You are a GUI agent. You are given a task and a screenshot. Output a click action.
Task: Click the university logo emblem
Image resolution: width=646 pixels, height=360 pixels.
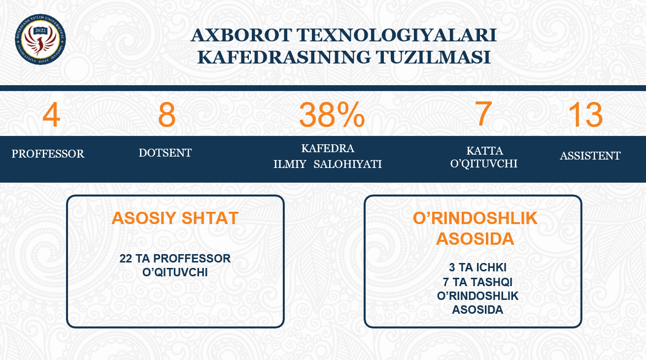coord(40,39)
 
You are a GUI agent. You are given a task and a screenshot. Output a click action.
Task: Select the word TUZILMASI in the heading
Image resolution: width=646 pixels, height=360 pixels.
coord(433,57)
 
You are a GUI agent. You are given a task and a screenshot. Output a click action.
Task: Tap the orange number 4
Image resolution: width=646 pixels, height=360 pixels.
coord(51,115)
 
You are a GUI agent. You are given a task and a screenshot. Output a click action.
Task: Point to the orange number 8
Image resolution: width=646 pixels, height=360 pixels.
coord(167,115)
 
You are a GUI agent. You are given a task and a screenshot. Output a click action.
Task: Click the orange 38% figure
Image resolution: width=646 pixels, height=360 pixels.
coord(332,115)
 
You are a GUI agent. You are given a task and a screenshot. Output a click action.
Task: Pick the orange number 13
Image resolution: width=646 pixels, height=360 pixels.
coord(585,115)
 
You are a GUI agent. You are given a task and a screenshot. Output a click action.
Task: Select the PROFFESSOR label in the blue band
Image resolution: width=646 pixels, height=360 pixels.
coord(48,154)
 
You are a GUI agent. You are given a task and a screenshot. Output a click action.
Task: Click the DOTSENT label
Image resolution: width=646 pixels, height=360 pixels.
coord(165,153)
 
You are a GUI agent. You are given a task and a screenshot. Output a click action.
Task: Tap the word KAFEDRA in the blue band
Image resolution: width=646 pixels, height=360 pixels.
coord(328,148)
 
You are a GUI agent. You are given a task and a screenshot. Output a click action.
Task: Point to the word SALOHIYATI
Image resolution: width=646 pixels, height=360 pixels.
coord(347,164)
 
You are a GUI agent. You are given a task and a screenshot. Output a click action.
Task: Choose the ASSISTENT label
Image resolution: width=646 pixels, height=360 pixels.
coord(590,156)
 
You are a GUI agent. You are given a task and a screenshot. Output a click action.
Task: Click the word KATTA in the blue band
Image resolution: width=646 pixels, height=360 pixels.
coord(485,151)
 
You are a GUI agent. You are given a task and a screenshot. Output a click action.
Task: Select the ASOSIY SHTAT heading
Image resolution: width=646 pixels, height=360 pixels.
coord(175,218)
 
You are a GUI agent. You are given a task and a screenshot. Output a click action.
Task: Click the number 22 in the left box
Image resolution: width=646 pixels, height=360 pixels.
coord(126,259)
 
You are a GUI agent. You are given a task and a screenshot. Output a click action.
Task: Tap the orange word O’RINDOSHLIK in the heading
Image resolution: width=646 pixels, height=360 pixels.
coord(475,218)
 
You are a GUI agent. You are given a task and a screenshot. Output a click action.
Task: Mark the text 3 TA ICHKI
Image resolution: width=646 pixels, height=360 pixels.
coord(477,267)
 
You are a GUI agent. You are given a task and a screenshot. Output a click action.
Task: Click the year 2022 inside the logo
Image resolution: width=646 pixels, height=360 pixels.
coord(40,31)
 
